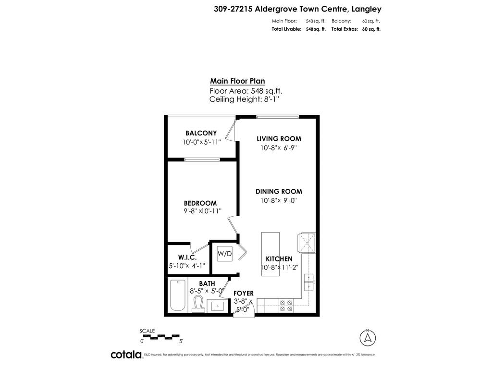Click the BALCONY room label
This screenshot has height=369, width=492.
[x=201, y=133]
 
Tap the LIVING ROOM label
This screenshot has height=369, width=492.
[x=279, y=138]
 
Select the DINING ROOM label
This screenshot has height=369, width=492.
[x=279, y=191]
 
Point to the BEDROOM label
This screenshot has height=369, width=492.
[x=200, y=203]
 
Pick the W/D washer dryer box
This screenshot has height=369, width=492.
[x=224, y=253]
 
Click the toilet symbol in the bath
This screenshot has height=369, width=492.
[x=197, y=304]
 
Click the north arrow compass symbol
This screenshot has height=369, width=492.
[x=368, y=337]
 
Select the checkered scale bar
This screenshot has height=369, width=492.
[x=160, y=336]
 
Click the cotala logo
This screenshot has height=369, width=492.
[x=126, y=355]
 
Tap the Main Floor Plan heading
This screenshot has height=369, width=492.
[x=237, y=81]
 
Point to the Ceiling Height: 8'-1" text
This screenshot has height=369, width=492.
[x=244, y=99]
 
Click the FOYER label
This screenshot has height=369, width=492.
[x=243, y=293]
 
